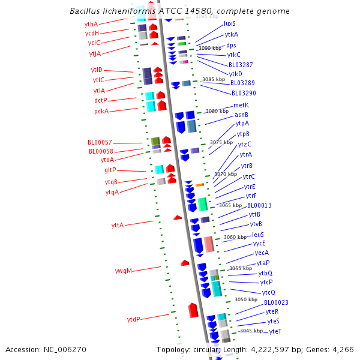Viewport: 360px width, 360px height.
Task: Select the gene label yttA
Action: pyautogui.click(x=118, y=225)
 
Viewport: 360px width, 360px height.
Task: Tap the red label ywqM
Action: pyautogui.click(x=123, y=271)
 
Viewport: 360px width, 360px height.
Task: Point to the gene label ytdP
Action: pyautogui.click(x=134, y=319)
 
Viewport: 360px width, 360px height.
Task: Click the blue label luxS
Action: pyautogui.click(x=230, y=24)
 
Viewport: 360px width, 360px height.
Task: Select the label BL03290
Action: pyautogui.click(x=244, y=94)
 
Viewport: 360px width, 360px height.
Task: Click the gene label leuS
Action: pyautogui.click(x=258, y=235)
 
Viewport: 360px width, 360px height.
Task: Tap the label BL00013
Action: pyautogui.click(x=260, y=205)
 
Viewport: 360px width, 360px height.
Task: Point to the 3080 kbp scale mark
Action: pyautogui.click(x=217, y=111)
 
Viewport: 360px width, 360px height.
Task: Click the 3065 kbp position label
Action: pyautogui.click(x=230, y=205)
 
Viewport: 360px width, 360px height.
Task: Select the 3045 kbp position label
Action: pyautogui.click(x=251, y=331)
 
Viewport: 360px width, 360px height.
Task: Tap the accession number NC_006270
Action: pyautogui.click(x=67, y=349)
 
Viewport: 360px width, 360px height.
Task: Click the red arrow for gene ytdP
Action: pyautogui.click(x=193, y=310)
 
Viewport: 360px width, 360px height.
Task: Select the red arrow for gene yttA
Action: pyautogui.click(x=178, y=217)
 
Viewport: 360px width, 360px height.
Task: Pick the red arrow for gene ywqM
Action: pyautogui.click(x=185, y=263)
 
